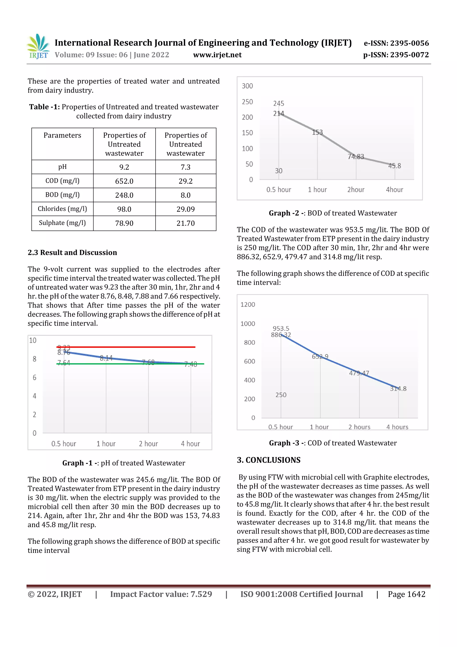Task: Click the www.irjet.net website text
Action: click(217, 55)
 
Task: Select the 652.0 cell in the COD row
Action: click(124, 181)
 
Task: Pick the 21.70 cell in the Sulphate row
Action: click(186, 223)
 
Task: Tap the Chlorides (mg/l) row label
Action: click(62, 209)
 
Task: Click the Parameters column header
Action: click(62, 136)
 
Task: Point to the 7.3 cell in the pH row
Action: click(186, 167)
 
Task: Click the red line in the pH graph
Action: click(127, 347)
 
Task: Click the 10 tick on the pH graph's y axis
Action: click(33, 340)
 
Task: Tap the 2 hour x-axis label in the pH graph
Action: click(148, 444)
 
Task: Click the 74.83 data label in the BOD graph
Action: click(356, 157)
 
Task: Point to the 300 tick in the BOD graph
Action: click(247, 86)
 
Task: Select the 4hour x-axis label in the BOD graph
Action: click(394, 190)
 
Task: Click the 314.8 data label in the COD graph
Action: click(398, 389)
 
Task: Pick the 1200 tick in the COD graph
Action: click(247, 305)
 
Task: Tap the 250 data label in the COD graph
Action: click(281, 395)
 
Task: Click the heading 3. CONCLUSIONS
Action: click(269, 460)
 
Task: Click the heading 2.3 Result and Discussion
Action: click(72, 253)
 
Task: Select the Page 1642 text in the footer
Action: click(406, 594)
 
